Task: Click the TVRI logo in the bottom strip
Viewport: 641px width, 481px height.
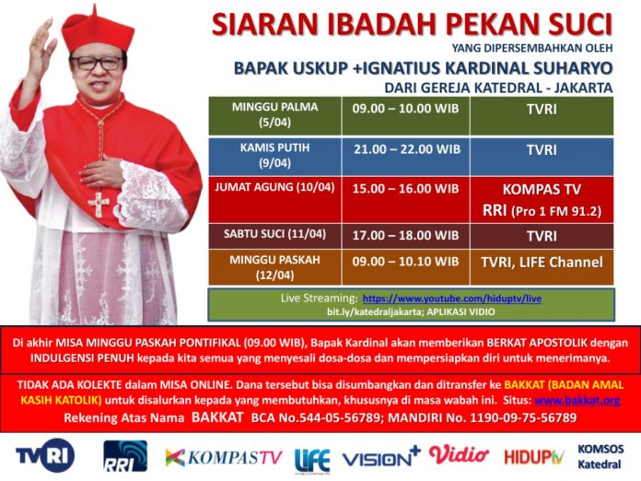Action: click(45, 455)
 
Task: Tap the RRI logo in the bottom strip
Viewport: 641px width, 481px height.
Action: click(125, 455)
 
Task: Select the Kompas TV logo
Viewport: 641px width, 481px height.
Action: click(224, 458)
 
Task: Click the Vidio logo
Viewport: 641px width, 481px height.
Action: click(459, 455)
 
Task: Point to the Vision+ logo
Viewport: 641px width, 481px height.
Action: click(381, 458)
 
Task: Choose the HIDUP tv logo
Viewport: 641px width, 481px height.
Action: click(534, 457)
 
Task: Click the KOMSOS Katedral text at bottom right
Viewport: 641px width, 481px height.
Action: click(600, 457)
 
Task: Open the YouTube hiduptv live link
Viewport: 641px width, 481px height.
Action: click(451, 299)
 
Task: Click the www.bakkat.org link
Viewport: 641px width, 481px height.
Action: click(577, 400)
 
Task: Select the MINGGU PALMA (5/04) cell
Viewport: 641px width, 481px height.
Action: click(274, 116)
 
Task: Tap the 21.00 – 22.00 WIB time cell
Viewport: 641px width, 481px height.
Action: click(406, 157)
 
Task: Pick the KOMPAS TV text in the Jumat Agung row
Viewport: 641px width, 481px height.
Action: click(542, 190)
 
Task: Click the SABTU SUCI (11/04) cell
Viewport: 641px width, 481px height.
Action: click(274, 236)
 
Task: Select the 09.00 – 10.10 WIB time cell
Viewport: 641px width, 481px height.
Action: click(406, 267)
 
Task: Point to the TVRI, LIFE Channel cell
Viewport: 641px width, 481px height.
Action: click(542, 267)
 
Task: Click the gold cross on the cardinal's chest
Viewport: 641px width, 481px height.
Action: click(99, 204)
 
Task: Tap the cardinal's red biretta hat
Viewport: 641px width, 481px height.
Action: click(98, 30)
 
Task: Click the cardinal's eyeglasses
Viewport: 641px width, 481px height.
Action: click(97, 63)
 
